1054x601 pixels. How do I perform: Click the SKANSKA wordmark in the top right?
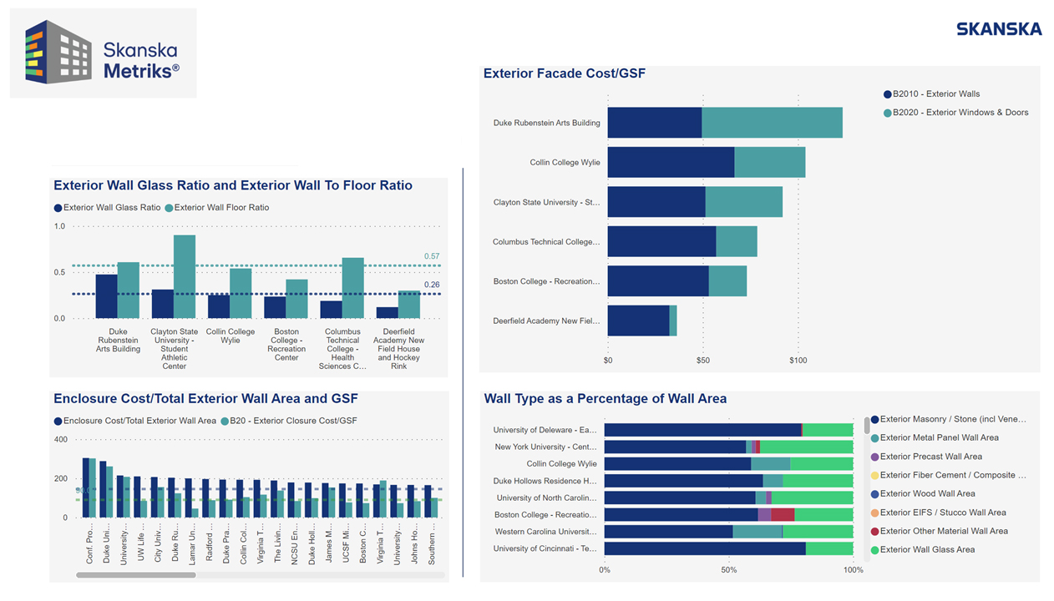click(999, 29)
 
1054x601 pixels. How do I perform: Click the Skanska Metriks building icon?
click(58, 53)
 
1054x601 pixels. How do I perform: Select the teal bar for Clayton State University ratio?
click(185, 276)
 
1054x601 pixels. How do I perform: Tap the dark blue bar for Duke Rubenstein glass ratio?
click(106, 296)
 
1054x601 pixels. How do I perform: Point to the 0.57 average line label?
click(431, 256)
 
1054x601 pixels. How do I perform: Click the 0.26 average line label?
click(431, 285)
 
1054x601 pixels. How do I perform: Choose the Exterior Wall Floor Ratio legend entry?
click(221, 208)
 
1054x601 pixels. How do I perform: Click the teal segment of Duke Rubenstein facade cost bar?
click(772, 123)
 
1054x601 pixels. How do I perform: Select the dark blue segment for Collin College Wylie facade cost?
click(671, 162)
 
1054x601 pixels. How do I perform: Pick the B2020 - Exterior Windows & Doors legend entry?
click(960, 113)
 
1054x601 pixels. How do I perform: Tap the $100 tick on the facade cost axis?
click(798, 361)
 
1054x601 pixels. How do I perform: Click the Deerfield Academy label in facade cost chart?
click(546, 321)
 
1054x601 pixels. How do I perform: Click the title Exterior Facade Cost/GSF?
click(564, 73)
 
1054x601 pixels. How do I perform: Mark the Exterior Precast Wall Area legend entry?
click(930, 457)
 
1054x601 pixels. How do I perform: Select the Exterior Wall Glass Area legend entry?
click(927, 550)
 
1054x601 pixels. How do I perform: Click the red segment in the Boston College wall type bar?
click(783, 515)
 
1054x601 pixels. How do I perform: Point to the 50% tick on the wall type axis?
click(729, 570)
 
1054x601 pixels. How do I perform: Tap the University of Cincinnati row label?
click(545, 549)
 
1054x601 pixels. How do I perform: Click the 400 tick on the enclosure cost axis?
click(61, 440)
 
